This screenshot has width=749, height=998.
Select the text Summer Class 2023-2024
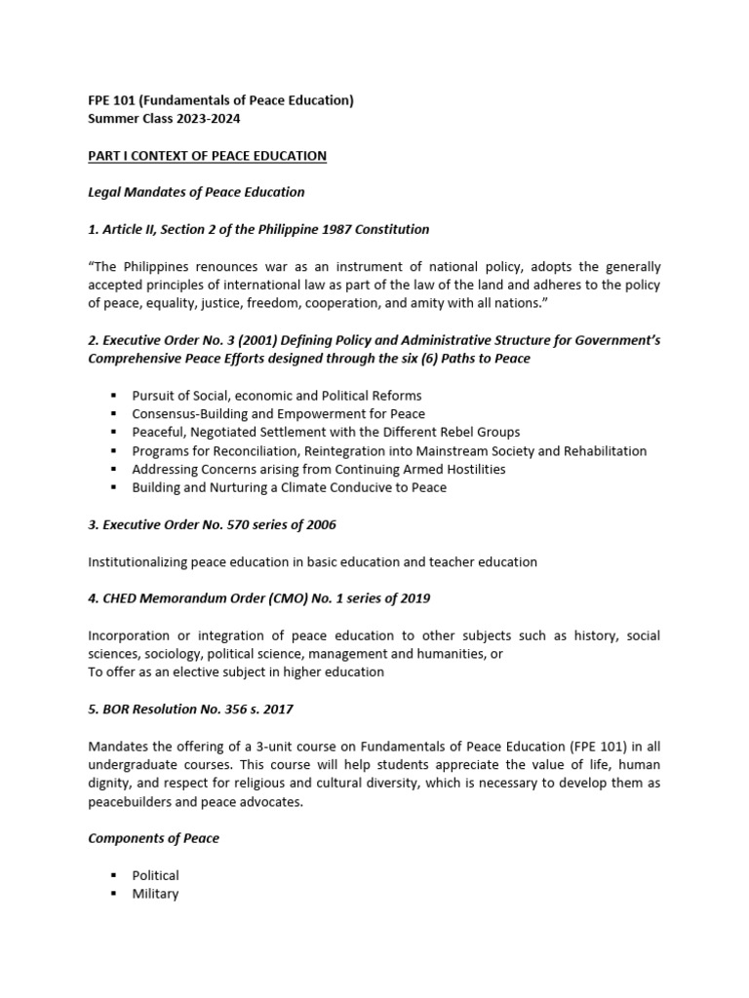[166, 118]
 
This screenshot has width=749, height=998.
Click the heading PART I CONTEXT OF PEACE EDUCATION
[207, 156]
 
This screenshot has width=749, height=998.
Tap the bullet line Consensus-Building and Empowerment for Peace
[278, 414]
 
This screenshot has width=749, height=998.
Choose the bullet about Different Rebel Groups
[326, 432]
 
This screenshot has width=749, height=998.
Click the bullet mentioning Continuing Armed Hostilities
[318, 469]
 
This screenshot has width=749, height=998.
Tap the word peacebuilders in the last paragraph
[131, 801]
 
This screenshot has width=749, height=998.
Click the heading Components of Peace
[153, 838]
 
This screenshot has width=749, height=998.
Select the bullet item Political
[156, 875]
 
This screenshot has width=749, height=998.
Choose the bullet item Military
[156, 893]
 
